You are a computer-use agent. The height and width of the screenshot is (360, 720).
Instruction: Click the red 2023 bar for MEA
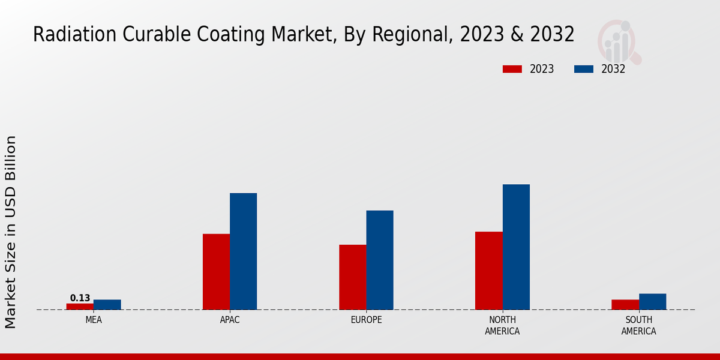(x=80, y=307)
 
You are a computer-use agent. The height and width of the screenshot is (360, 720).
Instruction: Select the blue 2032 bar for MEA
(x=107, y=305)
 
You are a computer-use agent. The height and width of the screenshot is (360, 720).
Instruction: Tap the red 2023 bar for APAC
(x=216, y=272)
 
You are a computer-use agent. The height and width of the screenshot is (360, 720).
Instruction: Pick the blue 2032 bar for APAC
(x=244, y=251)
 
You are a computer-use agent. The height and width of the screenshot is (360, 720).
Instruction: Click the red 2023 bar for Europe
(x=353, y=277)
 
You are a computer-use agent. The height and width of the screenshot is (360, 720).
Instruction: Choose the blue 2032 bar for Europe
(x=380, y=260)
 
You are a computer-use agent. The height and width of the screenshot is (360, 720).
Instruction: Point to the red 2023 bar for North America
(x=489, y=271)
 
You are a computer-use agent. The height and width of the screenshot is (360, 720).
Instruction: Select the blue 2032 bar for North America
(x=516, y=247)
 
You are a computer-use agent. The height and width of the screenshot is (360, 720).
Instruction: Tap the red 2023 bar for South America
(x=625, y=305)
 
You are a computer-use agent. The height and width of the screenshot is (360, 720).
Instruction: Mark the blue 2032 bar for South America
(x=652, y=302)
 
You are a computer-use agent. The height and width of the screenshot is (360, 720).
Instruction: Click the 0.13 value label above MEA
(x=80, y=298)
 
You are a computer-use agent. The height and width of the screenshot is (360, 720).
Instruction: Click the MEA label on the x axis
(x=94, y=320)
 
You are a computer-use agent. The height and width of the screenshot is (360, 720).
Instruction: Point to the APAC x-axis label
(x=230, y=320)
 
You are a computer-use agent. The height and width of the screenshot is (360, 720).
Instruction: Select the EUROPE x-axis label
(x=366, y=320)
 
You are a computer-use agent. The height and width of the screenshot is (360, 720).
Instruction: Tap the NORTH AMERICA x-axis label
(x=503, y=326)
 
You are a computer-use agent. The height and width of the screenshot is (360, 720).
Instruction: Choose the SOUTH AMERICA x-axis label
(x=639, y=326)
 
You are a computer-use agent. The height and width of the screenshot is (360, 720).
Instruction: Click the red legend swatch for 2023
(x=512, y=69)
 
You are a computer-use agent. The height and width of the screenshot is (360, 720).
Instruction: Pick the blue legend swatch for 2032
(x=584, y=69)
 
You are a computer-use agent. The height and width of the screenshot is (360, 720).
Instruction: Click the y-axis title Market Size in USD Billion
(x=11, y=232)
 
